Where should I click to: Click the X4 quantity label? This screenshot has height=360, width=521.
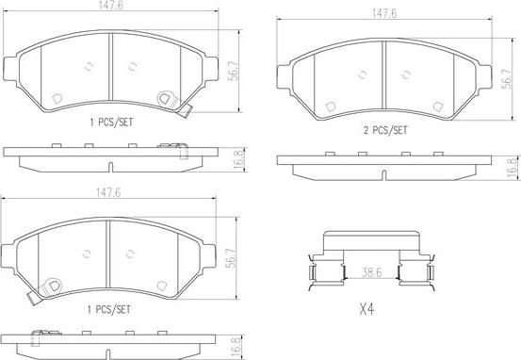(x=366, y=310)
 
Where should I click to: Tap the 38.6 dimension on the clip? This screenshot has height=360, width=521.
(x=371, y=272)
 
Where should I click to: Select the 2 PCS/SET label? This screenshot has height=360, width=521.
(x=385, y=130)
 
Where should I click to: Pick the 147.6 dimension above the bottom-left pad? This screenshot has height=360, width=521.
(x=108, y=192)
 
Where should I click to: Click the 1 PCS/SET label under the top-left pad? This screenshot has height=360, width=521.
(x=111, y=123)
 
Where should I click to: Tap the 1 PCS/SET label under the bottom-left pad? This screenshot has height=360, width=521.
(x=109, y=310)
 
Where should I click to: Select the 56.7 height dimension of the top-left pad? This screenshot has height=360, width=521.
(x=234, y=71)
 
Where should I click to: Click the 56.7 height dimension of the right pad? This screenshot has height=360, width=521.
(x=508, y=79)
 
